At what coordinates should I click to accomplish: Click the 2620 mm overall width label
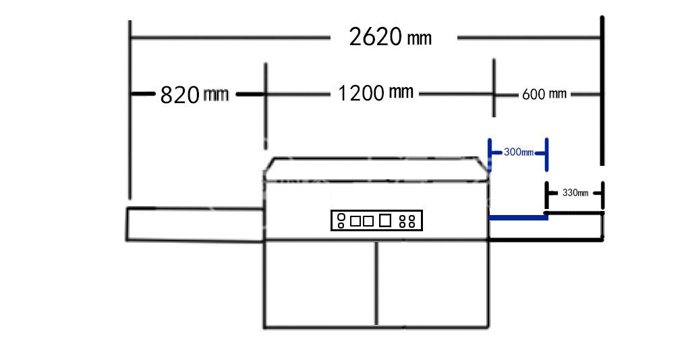[390, 36]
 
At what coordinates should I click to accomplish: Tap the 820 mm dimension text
[194, 94]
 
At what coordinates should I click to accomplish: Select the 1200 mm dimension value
[376, 92]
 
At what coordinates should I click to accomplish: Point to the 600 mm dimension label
[544, 94]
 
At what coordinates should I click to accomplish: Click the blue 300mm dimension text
[519, 152]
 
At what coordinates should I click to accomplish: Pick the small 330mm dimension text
[575, 193]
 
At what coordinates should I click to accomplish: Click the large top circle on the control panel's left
[341, 217]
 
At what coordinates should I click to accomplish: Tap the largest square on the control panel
[384, 220]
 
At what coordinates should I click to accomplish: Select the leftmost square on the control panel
[355, 221]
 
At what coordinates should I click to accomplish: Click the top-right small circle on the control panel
[411, 218]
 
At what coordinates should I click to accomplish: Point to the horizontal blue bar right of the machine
[518, 217]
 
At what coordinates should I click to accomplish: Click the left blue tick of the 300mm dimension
[490, 155]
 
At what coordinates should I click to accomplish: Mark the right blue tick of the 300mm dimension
[546, 155]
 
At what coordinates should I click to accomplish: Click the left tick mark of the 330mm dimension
[546, 196]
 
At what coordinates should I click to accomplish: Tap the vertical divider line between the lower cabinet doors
[376, 283]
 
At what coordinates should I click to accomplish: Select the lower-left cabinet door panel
[320, 283]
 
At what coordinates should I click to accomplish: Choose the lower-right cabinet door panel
[432, 283]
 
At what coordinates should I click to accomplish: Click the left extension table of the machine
[195, 224]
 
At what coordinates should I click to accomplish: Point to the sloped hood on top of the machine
[376, 169]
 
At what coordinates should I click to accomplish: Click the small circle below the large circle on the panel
[341, 225]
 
